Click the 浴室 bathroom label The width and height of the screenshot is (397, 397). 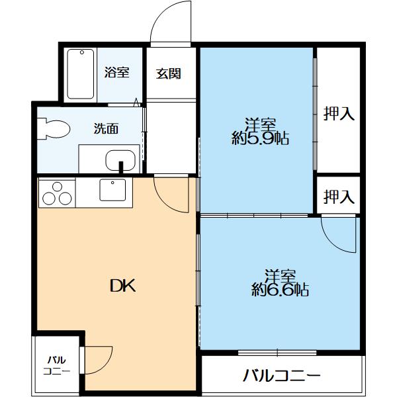(x=116, y=73)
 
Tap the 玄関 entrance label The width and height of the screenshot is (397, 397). (x=169, y=73)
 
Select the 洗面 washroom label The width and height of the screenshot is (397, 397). (x=105, y=128)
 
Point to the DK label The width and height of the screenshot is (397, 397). (x=122, y=285)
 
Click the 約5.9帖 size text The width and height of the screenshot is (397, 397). (x=261, y=139)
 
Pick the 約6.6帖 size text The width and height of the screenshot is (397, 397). (x=280, y=289)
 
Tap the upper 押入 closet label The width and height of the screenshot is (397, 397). (x=339, y=114)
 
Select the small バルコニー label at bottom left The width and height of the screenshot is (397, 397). (x=57, y=365)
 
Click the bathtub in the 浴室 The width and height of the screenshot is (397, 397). (x=81, y=74)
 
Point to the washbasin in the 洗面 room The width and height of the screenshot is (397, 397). (x=120, y=159)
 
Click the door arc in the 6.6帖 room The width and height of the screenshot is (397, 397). (x=339, y=233)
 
